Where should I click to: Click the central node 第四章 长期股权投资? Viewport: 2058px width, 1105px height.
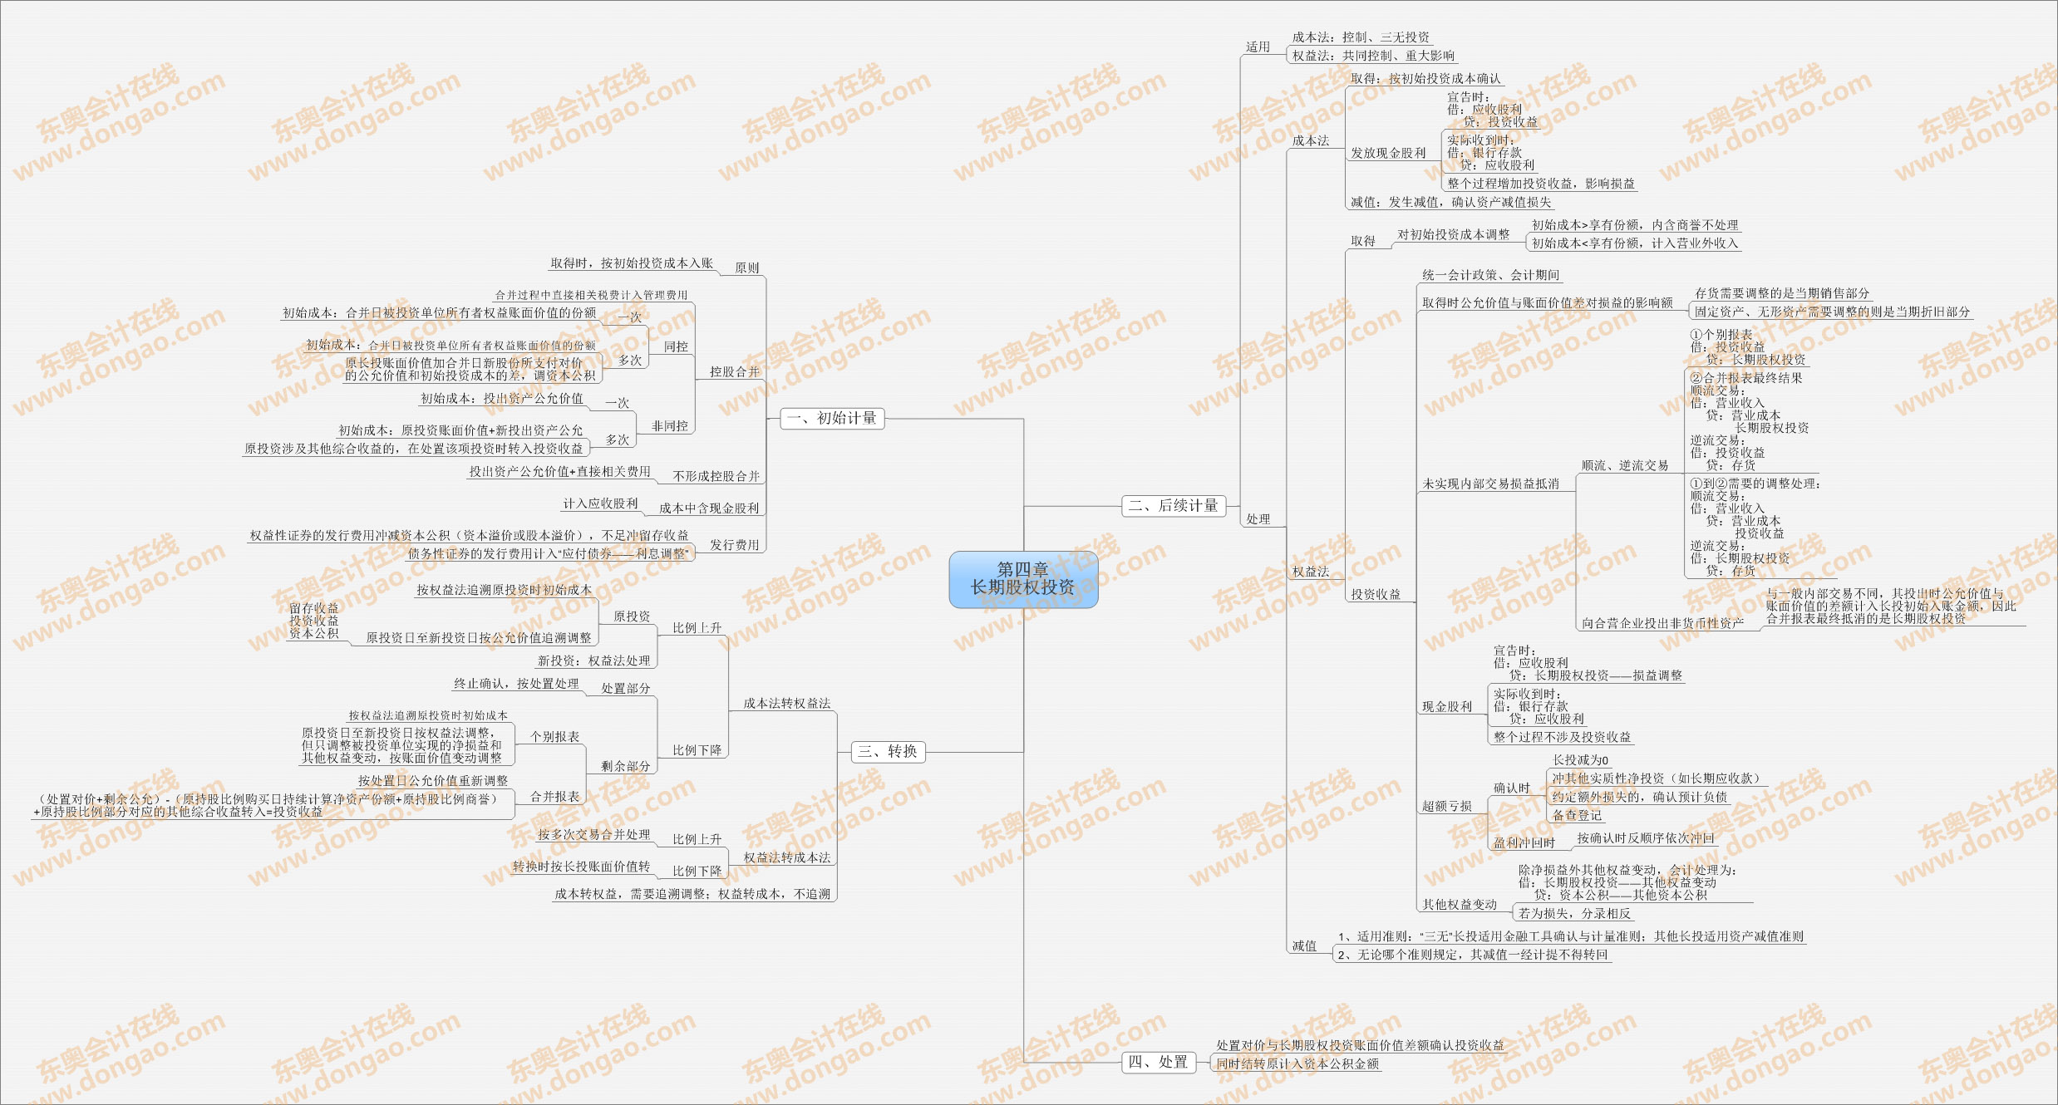[1023, 579]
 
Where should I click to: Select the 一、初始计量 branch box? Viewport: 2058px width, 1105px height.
[832, 418]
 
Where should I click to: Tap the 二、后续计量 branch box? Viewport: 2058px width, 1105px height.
[1174, 505]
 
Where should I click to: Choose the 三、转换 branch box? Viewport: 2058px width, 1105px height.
[888, 751]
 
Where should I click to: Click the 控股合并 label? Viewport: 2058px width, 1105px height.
[734, 371]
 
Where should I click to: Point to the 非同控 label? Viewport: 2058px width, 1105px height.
[669, 425]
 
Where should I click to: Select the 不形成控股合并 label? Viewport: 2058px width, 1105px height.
[716, 476]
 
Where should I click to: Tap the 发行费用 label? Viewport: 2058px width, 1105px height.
[734, 545]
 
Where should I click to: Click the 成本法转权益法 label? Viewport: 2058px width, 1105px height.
[786, 703]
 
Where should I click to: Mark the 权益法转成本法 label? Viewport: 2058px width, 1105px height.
[786, 857]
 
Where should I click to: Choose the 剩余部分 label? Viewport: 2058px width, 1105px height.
[625, 766]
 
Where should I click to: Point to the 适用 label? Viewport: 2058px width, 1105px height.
[1258, 47]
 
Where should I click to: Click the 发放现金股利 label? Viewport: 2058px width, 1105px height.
[1388, 153]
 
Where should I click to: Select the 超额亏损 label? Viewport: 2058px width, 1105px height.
[1446, 806]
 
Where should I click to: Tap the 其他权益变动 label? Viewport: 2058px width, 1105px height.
[1459, 904]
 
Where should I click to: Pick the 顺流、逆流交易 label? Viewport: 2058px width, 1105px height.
[1624, 465]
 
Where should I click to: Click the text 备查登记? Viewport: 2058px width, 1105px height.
[1576, 815]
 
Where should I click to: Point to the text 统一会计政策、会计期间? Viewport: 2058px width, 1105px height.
[1490, 275]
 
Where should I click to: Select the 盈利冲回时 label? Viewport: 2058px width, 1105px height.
[1524, 842]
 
